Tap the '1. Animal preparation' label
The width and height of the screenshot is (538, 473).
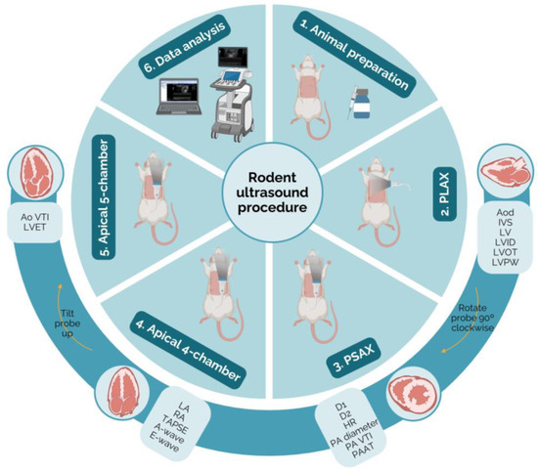coord(365,58)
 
